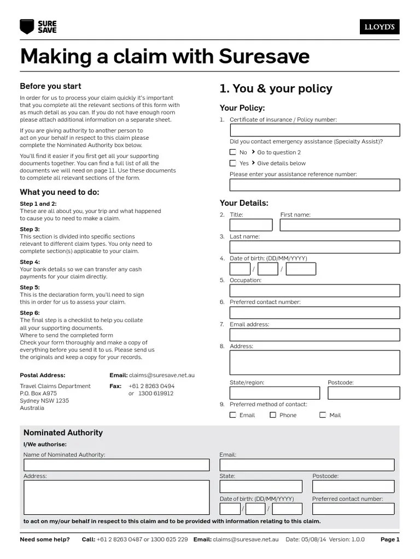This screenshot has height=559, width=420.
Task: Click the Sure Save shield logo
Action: tap(26, 26)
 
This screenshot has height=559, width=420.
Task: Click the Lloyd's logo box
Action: tap(379, 27)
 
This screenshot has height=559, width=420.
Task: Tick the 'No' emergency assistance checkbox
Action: tap(233, 152)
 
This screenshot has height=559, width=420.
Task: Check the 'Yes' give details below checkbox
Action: tap(233, 163)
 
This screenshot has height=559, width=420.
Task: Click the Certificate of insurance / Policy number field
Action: tap(314, 130)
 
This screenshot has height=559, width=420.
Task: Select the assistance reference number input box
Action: tap(314, 185)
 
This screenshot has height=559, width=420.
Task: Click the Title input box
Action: tap(251, 225)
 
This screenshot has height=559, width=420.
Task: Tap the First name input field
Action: tap(340, 225)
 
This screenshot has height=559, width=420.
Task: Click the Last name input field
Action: tap(314, 247)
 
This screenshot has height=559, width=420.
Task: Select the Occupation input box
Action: tap(314, 290)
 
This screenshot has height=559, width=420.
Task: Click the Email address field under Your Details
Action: tap(314, 334)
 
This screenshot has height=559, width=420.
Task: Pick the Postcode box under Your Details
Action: tap(364, 393)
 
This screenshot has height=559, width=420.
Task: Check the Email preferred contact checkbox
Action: tap(233, 415)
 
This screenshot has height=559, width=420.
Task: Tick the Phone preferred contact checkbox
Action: tap(273, 415)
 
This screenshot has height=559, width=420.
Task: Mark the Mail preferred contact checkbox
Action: tap(323, 415)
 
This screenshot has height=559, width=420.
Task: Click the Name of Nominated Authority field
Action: tap(116, 465)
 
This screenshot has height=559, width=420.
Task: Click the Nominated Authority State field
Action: tap(261, 486)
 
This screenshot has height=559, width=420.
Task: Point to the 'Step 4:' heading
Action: tap(30, 262)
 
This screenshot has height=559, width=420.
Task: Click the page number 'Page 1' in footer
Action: tap(390, 539)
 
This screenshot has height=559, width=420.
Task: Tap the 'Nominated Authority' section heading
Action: tap(63, 432)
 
